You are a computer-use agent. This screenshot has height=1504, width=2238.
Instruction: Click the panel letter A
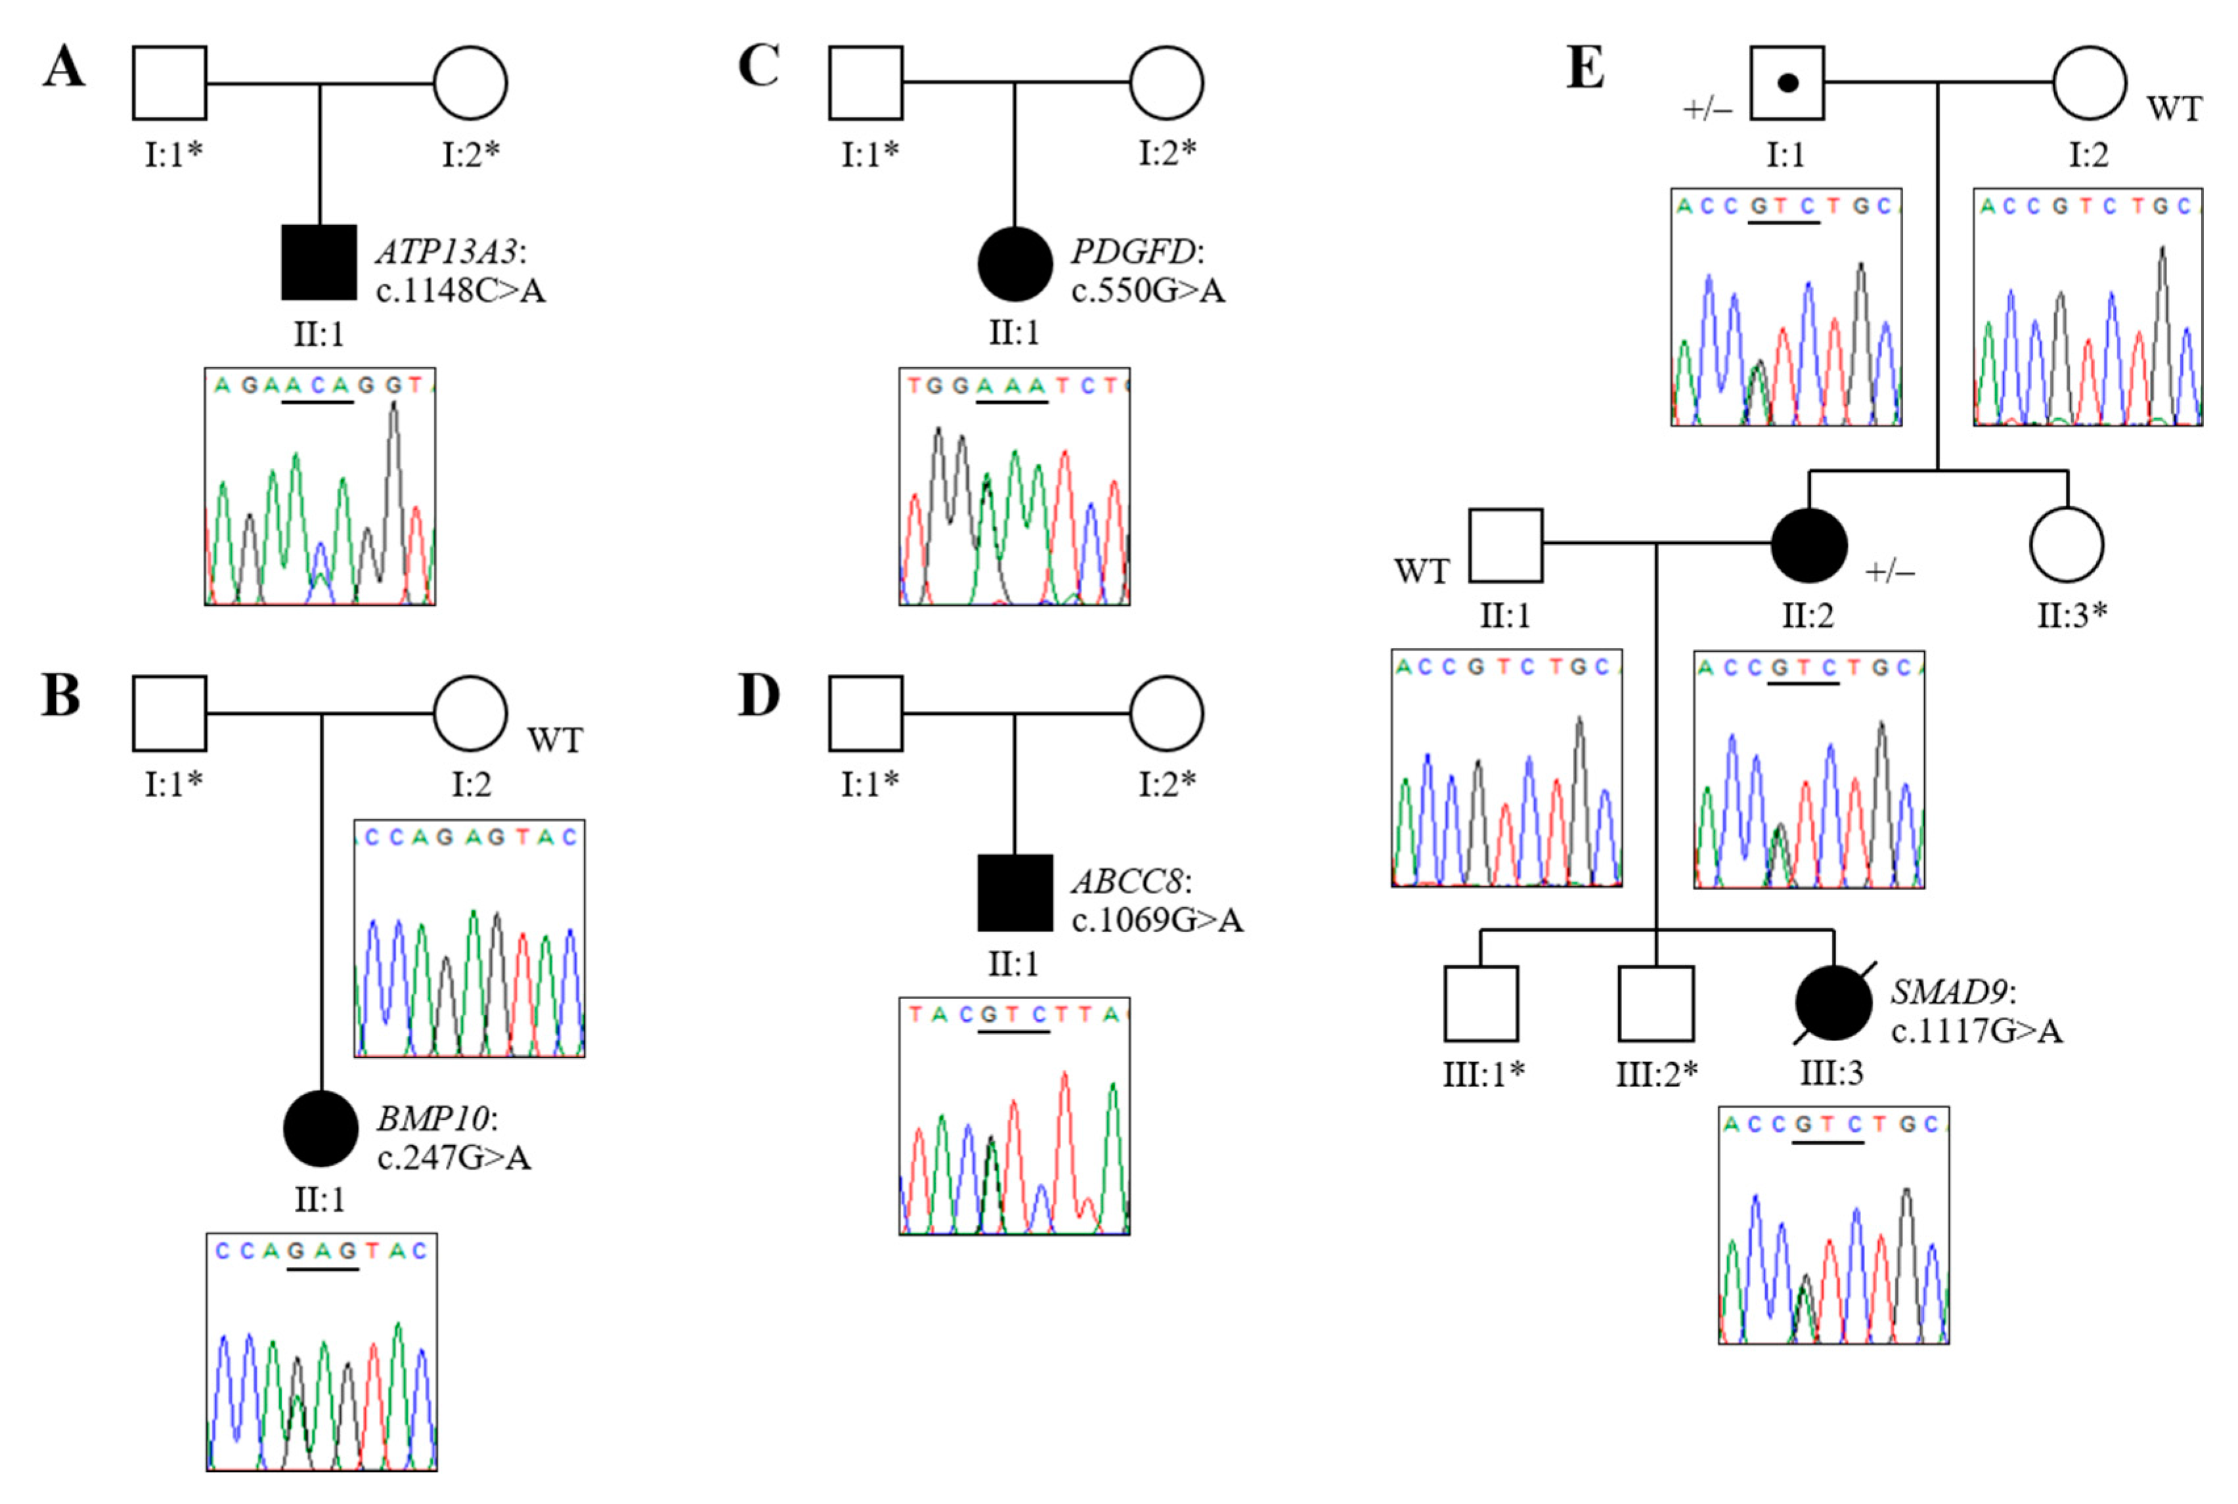click(x=63, y=67)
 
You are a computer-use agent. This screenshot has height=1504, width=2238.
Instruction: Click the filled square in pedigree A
click(x=318, y=263)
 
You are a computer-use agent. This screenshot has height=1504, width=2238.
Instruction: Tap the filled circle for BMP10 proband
click(x=320, y=1129)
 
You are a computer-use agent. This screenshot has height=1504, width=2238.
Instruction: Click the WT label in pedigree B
click(x=554, y=741)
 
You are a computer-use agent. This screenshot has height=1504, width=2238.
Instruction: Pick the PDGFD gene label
click(x=1135, y=252)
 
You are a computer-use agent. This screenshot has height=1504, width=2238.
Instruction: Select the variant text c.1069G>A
click(x=1157, y=920)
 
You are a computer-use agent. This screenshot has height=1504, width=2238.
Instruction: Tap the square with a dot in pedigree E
click(x=1786, y=83)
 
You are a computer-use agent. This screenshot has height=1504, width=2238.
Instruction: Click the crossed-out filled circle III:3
click(x=1832, y=1003)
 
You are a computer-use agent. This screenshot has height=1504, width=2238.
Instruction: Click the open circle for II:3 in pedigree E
click(x=2067, y=546)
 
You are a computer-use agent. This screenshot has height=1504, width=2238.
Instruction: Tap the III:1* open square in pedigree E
click(x=1480, y=1003)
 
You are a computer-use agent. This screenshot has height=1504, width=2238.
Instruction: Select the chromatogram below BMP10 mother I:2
click(x=469, y=938)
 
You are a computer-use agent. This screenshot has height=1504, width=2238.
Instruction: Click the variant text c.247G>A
click(x=454, y=1159)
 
